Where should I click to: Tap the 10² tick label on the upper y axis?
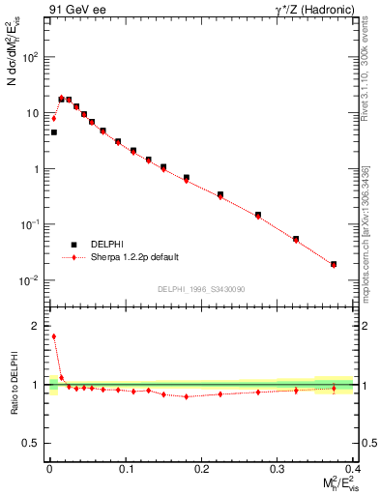coord(31,56)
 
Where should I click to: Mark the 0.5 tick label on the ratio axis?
coord(33,442)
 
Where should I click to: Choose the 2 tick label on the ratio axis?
coord(38,327)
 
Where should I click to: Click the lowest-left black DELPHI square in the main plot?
coord(54,132)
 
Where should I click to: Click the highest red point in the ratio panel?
coord(54,336)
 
